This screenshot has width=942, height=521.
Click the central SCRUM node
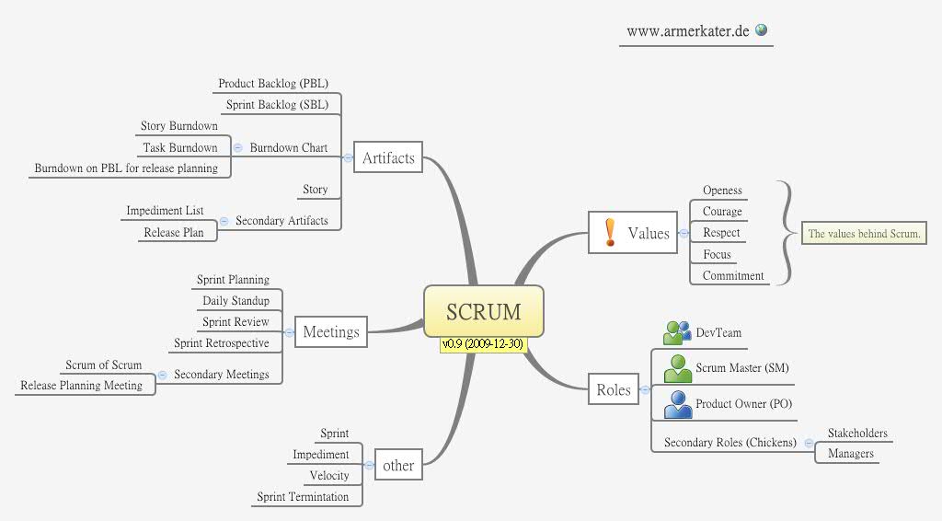click(x=483, y=311)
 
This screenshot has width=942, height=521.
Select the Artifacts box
click(x=388, y=158)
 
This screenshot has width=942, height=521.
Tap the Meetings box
click(x=331, y=331)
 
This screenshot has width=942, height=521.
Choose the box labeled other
click(x=397, y=465)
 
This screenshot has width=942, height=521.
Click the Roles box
click(x=614, y=389)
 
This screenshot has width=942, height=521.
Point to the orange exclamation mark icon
click(x=610, y=232)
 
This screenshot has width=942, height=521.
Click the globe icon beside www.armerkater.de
click(x=761, y=29)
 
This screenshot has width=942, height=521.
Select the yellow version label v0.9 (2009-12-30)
click(x=483, y=343)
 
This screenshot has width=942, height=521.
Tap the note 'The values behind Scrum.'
click(x=864, y=234)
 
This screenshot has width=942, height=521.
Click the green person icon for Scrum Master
click(x=678, y=368)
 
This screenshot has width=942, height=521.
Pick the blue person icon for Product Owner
click(x=678, y=404)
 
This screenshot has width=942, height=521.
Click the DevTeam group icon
click(x=677, y=332)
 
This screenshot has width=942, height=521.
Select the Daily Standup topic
click(x=235, y=301)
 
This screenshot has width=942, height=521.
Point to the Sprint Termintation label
click(x=303, y=497)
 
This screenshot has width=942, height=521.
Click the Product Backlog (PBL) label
click(x=273, y=84)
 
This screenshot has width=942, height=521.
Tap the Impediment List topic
click(x=165, y=211)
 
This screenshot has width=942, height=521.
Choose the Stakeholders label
click(x=857, y=434)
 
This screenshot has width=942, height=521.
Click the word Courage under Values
click(x=722, y=212)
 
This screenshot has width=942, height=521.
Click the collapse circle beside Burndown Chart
click(x=238, y=147)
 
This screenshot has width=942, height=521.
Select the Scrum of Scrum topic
click(x=103, y=365)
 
